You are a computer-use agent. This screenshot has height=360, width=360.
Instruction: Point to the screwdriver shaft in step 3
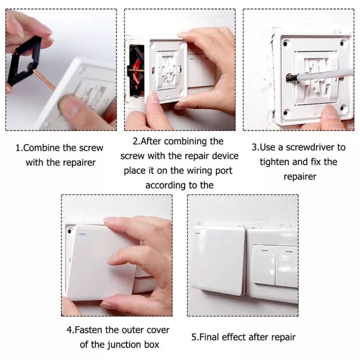(321, 76)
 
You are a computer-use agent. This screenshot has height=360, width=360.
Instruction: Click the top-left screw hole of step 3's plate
(285, 44)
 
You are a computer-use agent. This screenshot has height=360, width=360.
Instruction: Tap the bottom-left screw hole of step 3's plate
(285, 113)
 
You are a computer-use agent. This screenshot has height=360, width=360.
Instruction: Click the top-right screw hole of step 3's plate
(342, 43)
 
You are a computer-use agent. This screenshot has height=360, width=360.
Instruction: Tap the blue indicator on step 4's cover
(82, 234)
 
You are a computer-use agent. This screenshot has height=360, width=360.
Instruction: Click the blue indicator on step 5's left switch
(198, 233)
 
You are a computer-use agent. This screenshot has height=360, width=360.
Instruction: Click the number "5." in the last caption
(195, 337)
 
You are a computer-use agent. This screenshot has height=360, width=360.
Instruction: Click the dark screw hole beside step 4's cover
(70, 231)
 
